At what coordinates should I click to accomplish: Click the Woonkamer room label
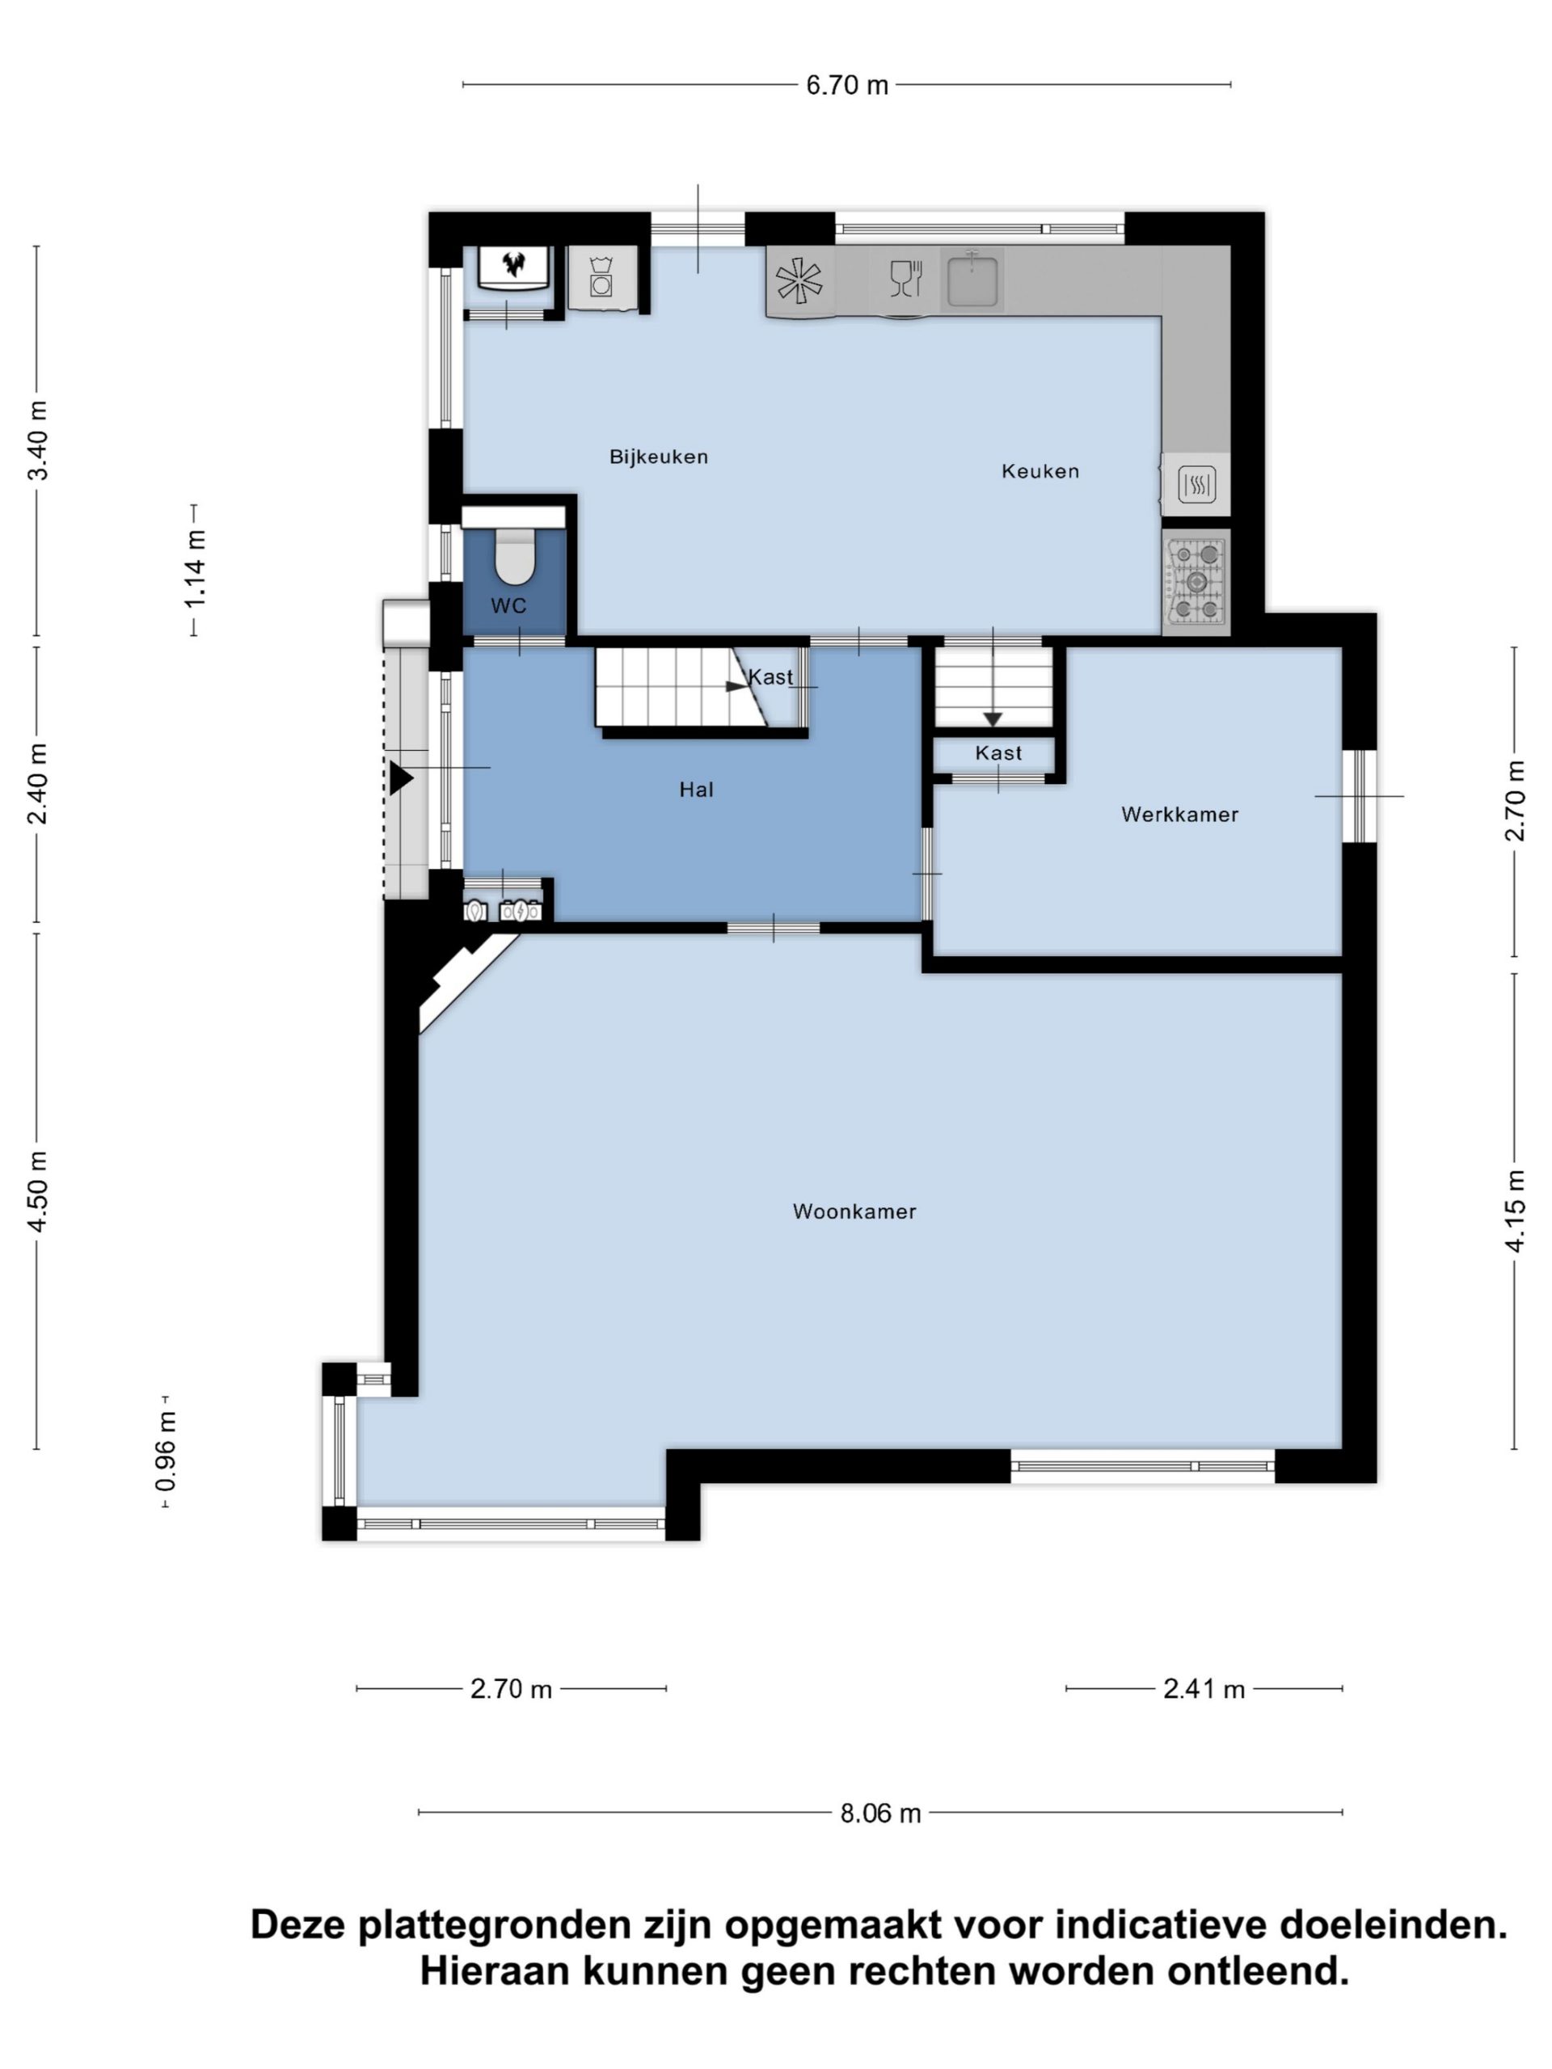pyautogui.click(x=854, y=1211)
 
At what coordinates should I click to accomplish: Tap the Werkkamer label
pyautogui.click(x=1179, y=815)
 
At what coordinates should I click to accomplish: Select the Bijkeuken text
pyautogui.click(x=659, y=457)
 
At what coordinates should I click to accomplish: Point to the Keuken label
pyautogui.click(x=1040, y=471)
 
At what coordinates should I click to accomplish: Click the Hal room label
pyautogui.click(x=696, y=790)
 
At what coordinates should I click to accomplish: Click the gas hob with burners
pyautogui.click(x=1196, y=583)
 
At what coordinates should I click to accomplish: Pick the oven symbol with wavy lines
pyautogui.click(x=1196, y=484)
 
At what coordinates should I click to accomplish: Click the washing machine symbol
pyautogui.click(x=601, y=277)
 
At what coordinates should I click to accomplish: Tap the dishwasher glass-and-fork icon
pyautogui.click(x=905, y=279)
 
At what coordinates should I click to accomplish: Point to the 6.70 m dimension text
pyautogui.click(x=848, y=85)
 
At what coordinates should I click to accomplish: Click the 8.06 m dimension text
pyautogui.click(x=880, y=1814)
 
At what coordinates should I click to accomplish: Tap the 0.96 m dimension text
pyautogui.click(x=167, y=1452)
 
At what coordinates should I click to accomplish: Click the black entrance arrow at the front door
pyautogui.click(x=401, y=778)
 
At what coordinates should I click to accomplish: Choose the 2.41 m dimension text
pyautogui.click(x=1204, y=1689)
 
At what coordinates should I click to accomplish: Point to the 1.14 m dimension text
pyautogui.click(x=195, y=570)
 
